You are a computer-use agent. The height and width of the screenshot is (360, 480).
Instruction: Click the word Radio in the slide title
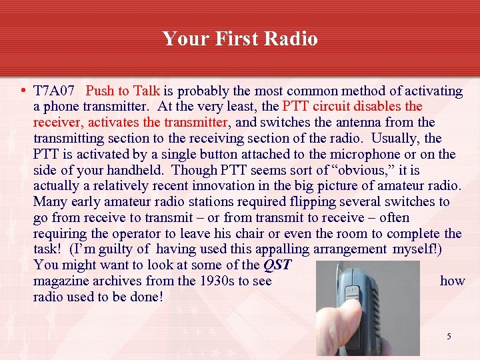pos(291,39)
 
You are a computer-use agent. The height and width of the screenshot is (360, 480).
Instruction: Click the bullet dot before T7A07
pos(23,91)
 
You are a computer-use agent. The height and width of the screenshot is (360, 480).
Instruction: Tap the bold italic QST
pos(277,265)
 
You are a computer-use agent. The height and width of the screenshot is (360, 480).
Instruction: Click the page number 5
pos(449,337)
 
